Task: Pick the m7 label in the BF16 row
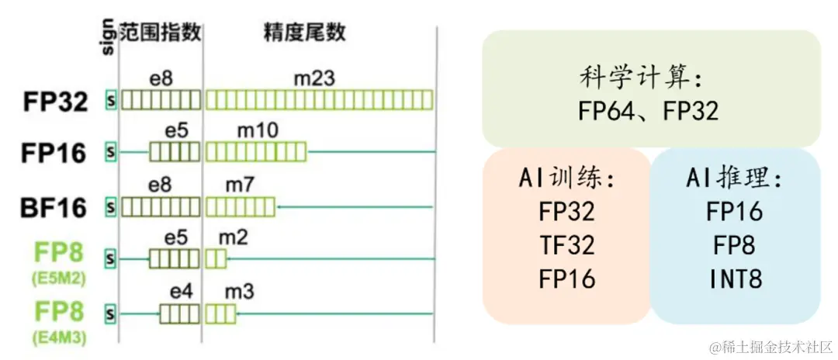(239, 185)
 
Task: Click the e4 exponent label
(180, 291)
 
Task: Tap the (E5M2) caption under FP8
(58, 276)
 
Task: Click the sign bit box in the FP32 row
(110, 101)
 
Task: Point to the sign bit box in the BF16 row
(110, 207)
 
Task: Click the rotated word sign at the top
(108, 38)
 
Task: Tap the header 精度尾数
(304, 32)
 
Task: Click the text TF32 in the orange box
(566, 245)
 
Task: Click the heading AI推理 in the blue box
(734, 178)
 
